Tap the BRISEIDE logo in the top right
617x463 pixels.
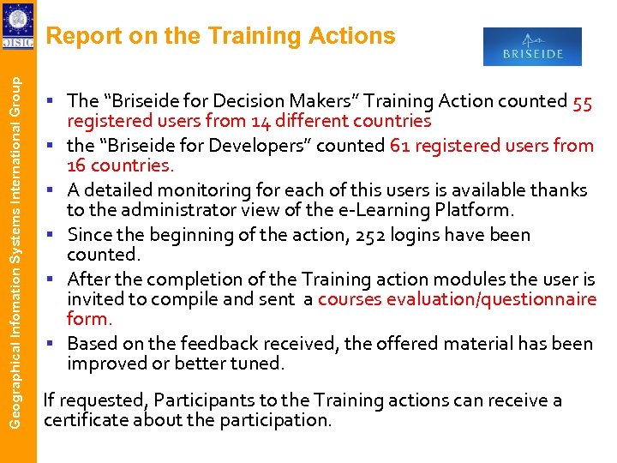pos(532,47)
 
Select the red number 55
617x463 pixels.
pos(583,101)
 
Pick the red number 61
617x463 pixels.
pos(399,146)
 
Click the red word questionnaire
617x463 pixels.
pos(536,299)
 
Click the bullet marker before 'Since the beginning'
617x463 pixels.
pos(53,234)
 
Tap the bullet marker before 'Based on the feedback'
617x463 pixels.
pos(53,343)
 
